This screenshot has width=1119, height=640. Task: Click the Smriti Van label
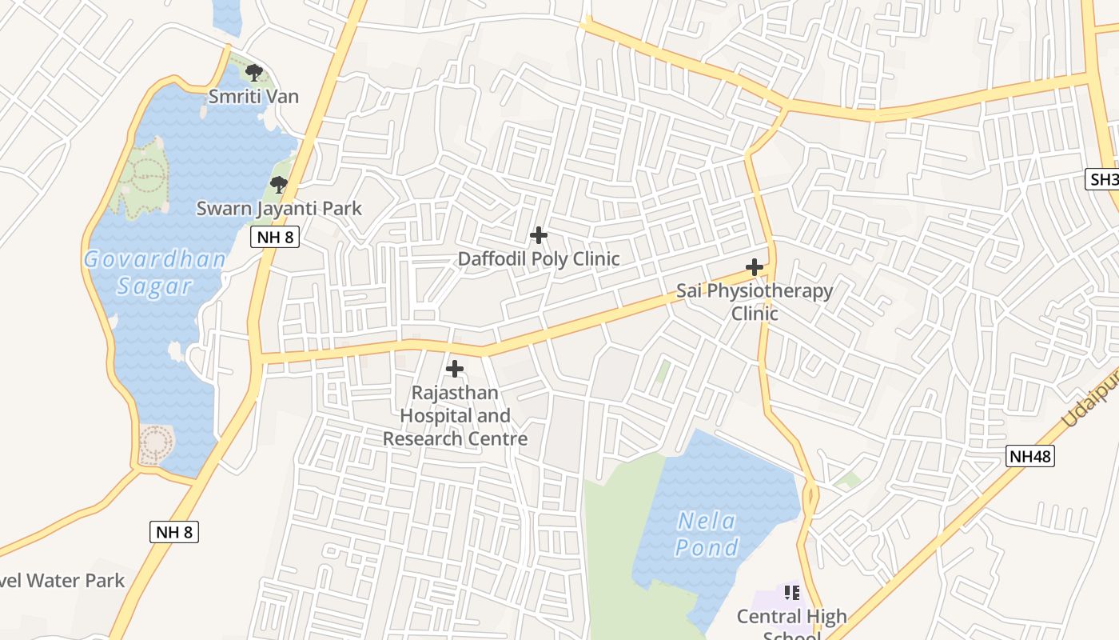[x=253, y=97]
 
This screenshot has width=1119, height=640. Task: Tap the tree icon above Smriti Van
[x=254, y=73]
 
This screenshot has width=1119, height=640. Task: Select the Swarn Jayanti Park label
[x=279, y=209]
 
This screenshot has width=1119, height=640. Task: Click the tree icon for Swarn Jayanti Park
[x=278, y=185]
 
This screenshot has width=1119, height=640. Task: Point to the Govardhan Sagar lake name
[x=155, y=273]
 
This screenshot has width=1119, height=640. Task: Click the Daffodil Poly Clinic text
[x=538, y=259]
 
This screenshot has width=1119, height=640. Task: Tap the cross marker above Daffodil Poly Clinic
[x=539, y=235]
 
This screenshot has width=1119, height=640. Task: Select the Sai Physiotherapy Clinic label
[x=755, y=302]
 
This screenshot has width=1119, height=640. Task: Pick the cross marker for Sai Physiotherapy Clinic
[x=754, y=267]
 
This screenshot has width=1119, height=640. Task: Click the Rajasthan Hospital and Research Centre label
[x=455, y=416]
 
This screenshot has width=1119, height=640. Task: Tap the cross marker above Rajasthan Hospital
[x=455, y=369]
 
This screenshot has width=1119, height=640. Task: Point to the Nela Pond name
[x=707, y=534]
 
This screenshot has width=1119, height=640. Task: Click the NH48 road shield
[x=1029, y=457]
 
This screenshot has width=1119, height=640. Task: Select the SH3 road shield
[x=1104, y=179]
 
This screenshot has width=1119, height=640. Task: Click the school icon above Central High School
[x=791, y=593]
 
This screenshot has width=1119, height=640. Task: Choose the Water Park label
[x=62, y=581]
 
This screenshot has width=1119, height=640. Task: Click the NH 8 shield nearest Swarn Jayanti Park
[x=274, y=237]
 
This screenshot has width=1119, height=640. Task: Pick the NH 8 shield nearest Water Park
[x=173, y=532]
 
